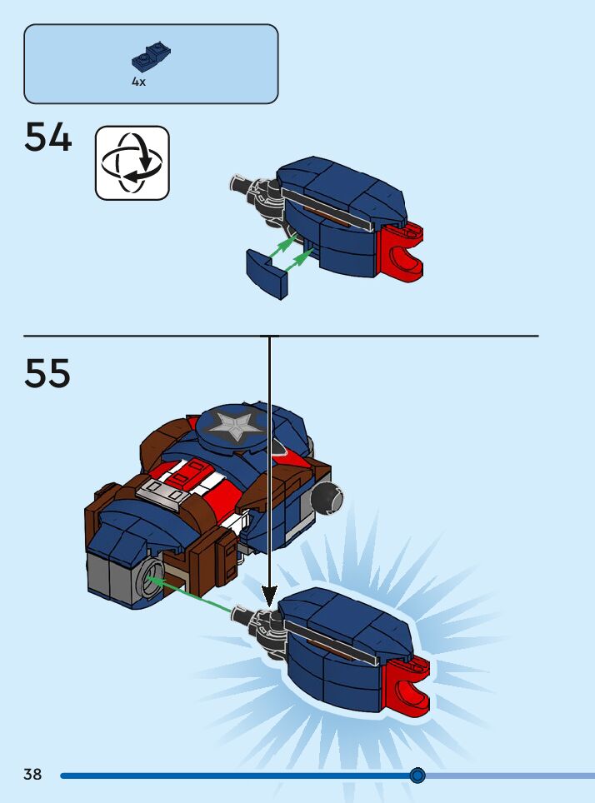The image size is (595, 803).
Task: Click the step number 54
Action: (48, 137)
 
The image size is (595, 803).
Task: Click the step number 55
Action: (48, 374)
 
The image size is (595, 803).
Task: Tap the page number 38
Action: (32, 775)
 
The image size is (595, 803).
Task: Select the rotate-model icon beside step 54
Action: (132, 162)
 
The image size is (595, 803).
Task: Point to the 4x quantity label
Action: (138, 82)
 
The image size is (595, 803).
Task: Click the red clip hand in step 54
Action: (403, 252)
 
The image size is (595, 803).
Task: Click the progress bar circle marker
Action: (417, 776)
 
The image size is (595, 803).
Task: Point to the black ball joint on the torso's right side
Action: (324, 499)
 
